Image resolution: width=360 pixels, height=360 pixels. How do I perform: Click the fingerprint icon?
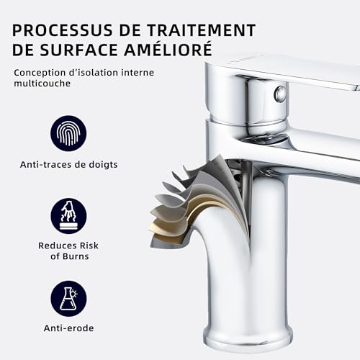[x=68, y=133]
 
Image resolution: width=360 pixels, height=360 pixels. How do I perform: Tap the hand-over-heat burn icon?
[x=68, y=215]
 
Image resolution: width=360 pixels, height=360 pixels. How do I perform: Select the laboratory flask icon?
[x=68, y=297]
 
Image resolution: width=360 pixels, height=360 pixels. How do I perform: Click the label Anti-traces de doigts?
[x=68, y=165]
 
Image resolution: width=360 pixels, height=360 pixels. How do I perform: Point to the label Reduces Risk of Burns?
[x=68, y=251]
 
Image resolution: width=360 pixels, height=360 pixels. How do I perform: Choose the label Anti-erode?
[x=68, y=328]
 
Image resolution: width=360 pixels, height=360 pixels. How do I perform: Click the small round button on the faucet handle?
[x=281, y=94]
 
